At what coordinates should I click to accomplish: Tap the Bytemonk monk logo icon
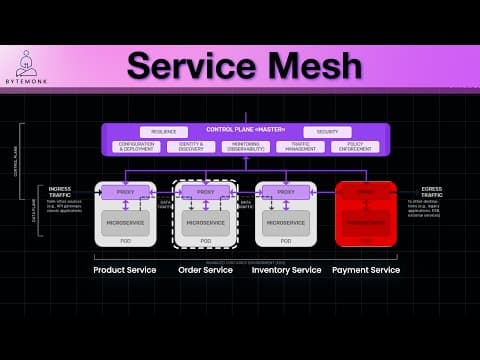[26, 59]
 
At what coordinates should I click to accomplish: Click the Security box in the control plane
[327, 131]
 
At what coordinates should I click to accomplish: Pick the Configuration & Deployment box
[136, 146]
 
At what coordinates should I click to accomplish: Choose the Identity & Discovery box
[191, 146]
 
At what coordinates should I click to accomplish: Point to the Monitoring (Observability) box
[246, 146]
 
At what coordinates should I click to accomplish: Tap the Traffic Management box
[300, 146]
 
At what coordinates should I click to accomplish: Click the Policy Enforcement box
[355, 146]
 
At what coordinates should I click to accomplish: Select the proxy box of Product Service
[125, 191]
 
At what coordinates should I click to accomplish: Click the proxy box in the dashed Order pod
[206, 191]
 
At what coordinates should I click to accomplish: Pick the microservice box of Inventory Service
[286, 223]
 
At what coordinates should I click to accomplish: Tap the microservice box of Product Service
[125, 223]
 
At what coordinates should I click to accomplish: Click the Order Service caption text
[206, 270]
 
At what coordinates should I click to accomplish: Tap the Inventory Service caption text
[286, 270]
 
